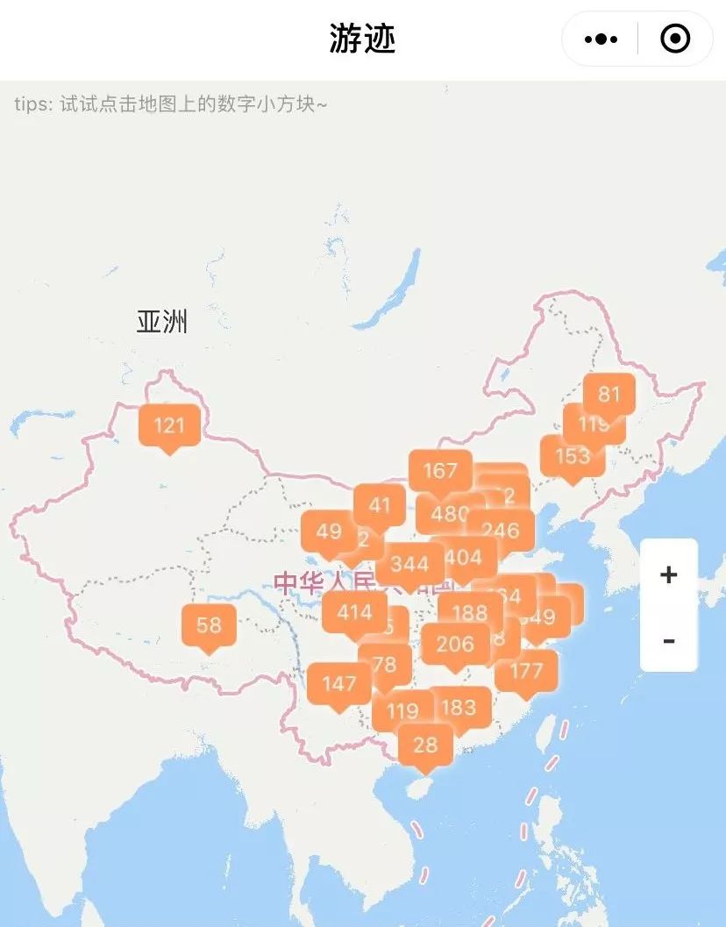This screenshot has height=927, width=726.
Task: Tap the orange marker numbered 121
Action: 169,425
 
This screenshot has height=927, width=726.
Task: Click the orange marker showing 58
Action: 209,625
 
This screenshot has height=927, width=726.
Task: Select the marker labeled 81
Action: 609,394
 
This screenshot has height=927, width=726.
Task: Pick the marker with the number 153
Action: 572,456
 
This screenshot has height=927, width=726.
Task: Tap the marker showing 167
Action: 440,470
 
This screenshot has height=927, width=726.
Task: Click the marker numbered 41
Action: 380,504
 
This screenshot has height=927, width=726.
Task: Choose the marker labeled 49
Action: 329,531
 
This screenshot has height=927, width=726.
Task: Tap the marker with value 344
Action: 409,562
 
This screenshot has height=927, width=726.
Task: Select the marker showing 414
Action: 354,612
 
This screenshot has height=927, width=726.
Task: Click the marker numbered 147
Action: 338,683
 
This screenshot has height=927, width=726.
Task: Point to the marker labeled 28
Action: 425,745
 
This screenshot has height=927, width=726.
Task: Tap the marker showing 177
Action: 526,671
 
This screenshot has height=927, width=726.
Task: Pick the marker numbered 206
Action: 455,644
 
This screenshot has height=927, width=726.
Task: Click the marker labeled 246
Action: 501,530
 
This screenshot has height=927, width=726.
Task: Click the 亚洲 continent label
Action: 162,322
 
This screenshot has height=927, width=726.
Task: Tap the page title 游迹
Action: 362,39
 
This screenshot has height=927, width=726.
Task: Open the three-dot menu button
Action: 601,39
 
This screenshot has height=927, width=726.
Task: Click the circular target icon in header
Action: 675,39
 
